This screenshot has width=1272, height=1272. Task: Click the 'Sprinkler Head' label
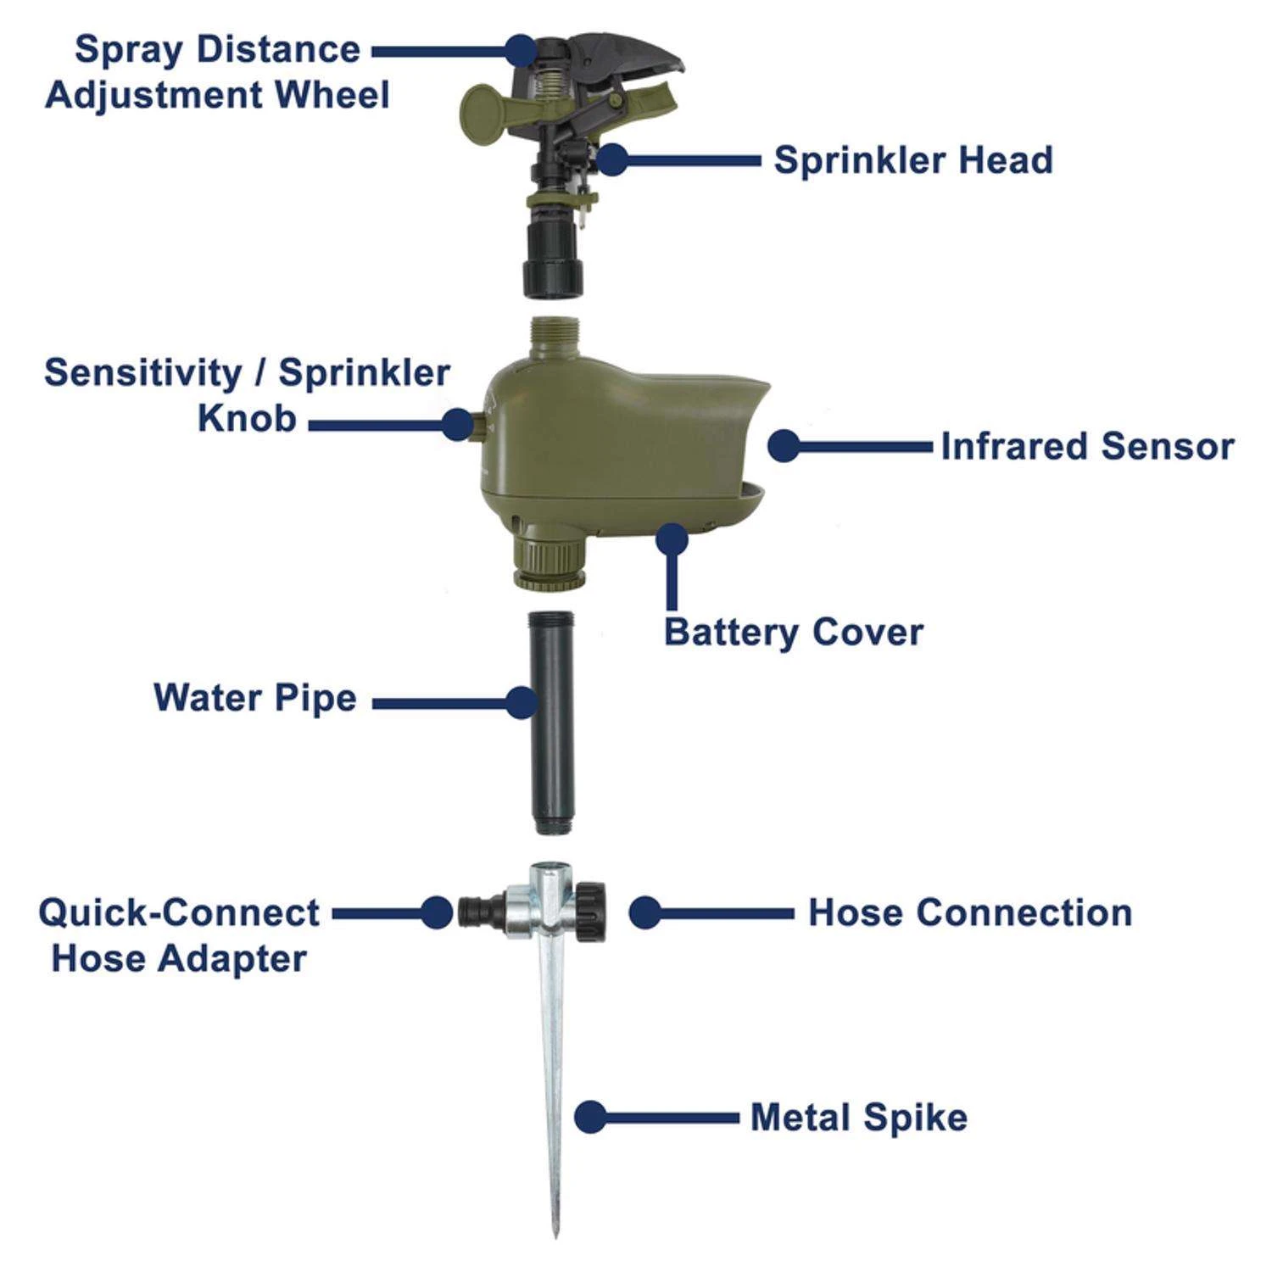pos(912,160)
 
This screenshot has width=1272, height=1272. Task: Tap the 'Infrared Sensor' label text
pos(1087,447)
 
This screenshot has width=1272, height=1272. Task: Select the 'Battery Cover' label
pos(793,633)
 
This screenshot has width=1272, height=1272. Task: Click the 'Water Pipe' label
pos(254,699)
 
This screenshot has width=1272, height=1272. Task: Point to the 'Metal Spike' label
pos(858,1118)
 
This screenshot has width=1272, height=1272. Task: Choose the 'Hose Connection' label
pos(969,913)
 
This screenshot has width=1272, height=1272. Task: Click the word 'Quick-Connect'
pos(179,913)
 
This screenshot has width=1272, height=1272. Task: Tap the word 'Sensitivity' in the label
pos(142,373)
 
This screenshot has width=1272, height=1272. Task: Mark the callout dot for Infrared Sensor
pos(784,446)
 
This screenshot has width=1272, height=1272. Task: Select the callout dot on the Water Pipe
pos(522,702)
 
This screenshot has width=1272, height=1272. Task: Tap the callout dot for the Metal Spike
pos(590,1117)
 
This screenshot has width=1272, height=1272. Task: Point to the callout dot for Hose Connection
pos(644,913)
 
